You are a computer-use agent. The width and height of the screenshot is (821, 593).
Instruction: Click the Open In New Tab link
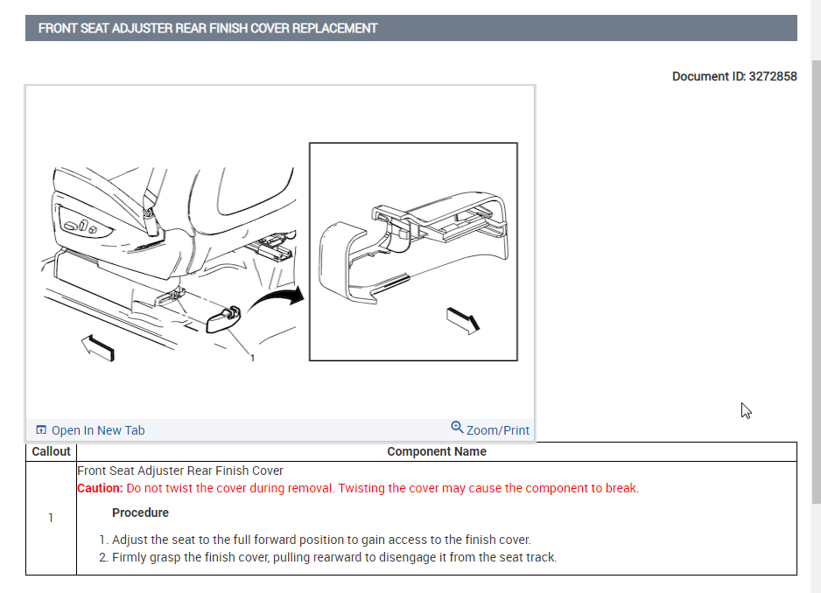(x=98, y=430)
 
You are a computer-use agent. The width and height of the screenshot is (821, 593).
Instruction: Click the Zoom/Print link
(x=497, y=430)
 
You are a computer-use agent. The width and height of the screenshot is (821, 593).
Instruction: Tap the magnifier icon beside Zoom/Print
(x=457, y=428)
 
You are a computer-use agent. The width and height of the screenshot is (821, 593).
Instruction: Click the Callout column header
(x=51, y=452)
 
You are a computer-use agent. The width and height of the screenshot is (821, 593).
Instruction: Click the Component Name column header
(x=437, y=452)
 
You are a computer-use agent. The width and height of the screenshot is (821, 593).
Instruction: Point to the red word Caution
(x=99, y=488)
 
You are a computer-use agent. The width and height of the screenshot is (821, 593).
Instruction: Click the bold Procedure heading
(x=140, y=513)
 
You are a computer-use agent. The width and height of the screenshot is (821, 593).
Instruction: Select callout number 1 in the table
(x=51, y=518)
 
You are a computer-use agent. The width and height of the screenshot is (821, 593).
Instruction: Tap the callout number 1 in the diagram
(x=252, y=358)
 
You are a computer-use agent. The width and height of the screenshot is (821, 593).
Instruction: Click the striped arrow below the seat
(x=97, y=348)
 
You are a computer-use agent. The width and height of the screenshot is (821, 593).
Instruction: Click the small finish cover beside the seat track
(x=224, y=319)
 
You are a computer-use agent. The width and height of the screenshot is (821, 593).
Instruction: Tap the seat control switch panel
(x=82, y=227)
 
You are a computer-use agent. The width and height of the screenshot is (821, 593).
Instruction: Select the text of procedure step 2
(x=333, y=557)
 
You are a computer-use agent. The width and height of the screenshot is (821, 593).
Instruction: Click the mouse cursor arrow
(x=746, y=410)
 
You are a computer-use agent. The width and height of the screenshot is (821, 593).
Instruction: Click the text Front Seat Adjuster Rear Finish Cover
(x=180, y=471)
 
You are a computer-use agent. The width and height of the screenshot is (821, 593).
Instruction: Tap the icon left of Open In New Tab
(x=40, y=430)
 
